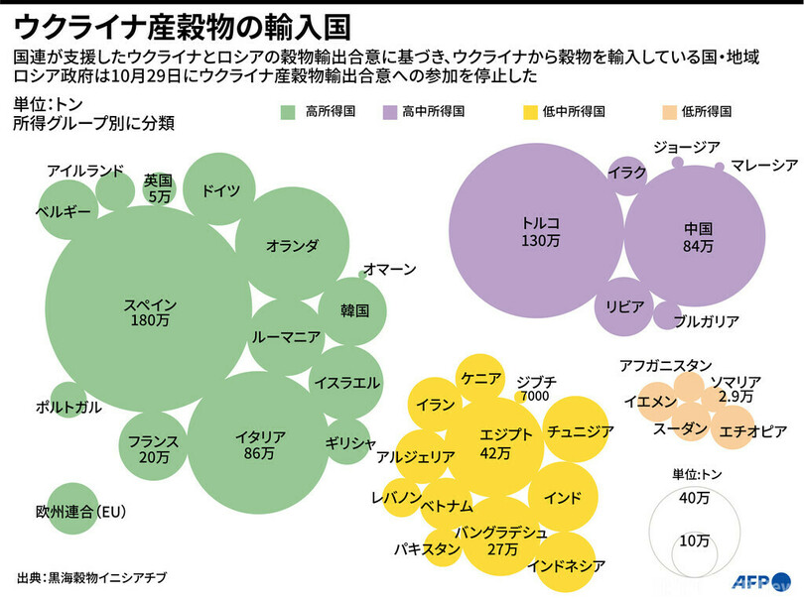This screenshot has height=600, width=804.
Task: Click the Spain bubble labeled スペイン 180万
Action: pos(151,312)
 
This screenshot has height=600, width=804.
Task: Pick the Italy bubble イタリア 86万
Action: pos(260,444)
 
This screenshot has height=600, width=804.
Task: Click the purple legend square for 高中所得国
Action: pos(390,112)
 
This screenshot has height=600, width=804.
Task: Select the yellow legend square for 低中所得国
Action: pos(525,112)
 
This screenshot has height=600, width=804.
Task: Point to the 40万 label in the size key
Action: pos(695,498)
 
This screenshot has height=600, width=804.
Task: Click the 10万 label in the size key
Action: pos(695,540)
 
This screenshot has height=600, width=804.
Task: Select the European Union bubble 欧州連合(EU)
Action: pos(71,510)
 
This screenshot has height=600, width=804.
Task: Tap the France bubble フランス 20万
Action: pos(153,448)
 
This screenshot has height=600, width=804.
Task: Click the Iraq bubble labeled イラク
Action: pos(627,173)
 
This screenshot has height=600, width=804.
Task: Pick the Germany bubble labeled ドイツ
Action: pos(220,191)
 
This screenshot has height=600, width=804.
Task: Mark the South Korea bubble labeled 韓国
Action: pos(354,310)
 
